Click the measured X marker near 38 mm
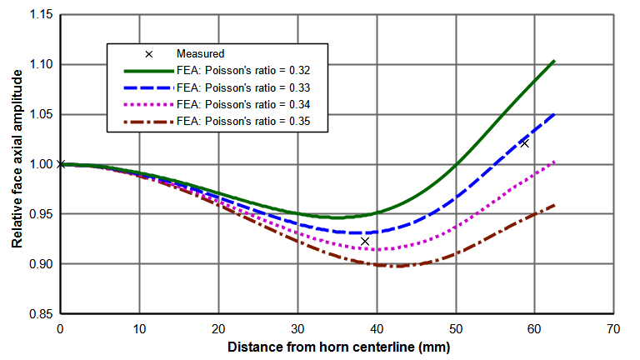[x=365, y=241]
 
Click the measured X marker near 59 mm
[x=524, y=143]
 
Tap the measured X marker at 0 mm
[x=60, y=164]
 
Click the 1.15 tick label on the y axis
[x=37, y=15]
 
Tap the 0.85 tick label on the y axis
[x=37, y=314]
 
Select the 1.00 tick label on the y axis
[x=37, y=164]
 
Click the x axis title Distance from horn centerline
[x=337, y=347]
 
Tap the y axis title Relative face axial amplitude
[x=16, y=164]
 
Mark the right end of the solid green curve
[x=554, y=61]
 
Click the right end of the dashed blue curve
[x=554, y=113]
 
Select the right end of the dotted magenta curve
[x=554, y=162]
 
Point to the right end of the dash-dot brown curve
[x=554, y=205]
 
